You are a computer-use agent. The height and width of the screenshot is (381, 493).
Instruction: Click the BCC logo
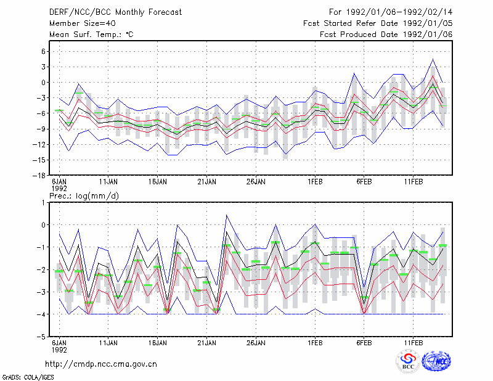408,362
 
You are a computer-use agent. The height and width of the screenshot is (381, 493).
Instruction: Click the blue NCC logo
436,362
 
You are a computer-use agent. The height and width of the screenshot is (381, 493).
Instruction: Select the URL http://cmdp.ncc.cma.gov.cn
101,364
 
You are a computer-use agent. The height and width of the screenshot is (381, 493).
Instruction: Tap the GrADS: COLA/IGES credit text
28,377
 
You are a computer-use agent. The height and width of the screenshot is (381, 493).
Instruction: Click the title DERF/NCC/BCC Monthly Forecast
115,12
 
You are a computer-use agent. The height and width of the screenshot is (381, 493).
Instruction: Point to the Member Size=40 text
83,23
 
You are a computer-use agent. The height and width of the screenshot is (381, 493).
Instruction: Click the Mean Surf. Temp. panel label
91,35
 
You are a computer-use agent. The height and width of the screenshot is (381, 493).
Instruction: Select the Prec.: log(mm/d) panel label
84,196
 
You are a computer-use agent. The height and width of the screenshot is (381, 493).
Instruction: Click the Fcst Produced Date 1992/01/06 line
386,35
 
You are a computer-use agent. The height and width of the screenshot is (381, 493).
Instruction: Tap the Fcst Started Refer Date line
378,23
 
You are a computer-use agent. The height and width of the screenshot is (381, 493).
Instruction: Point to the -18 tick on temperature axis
39,176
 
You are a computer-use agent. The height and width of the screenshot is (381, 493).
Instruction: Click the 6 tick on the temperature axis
43,51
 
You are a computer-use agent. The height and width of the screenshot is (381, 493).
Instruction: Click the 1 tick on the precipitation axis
43,203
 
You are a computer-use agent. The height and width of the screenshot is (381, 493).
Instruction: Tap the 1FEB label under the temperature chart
315,182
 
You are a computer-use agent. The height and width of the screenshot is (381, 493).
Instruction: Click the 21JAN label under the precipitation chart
206,343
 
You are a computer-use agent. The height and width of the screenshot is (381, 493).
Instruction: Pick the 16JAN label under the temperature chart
158,182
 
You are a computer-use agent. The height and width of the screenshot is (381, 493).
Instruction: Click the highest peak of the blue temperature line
433,59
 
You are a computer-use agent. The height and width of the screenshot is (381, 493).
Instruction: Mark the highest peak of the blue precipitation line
226,215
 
